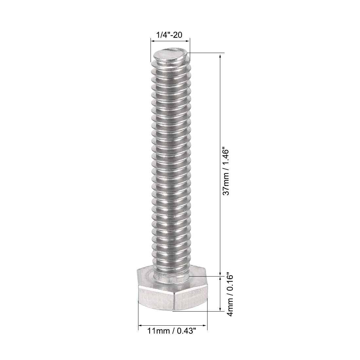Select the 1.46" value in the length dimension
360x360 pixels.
coord(225,158)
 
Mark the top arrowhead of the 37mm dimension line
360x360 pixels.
coord(220,56)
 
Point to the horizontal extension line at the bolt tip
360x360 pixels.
coord(206,52)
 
